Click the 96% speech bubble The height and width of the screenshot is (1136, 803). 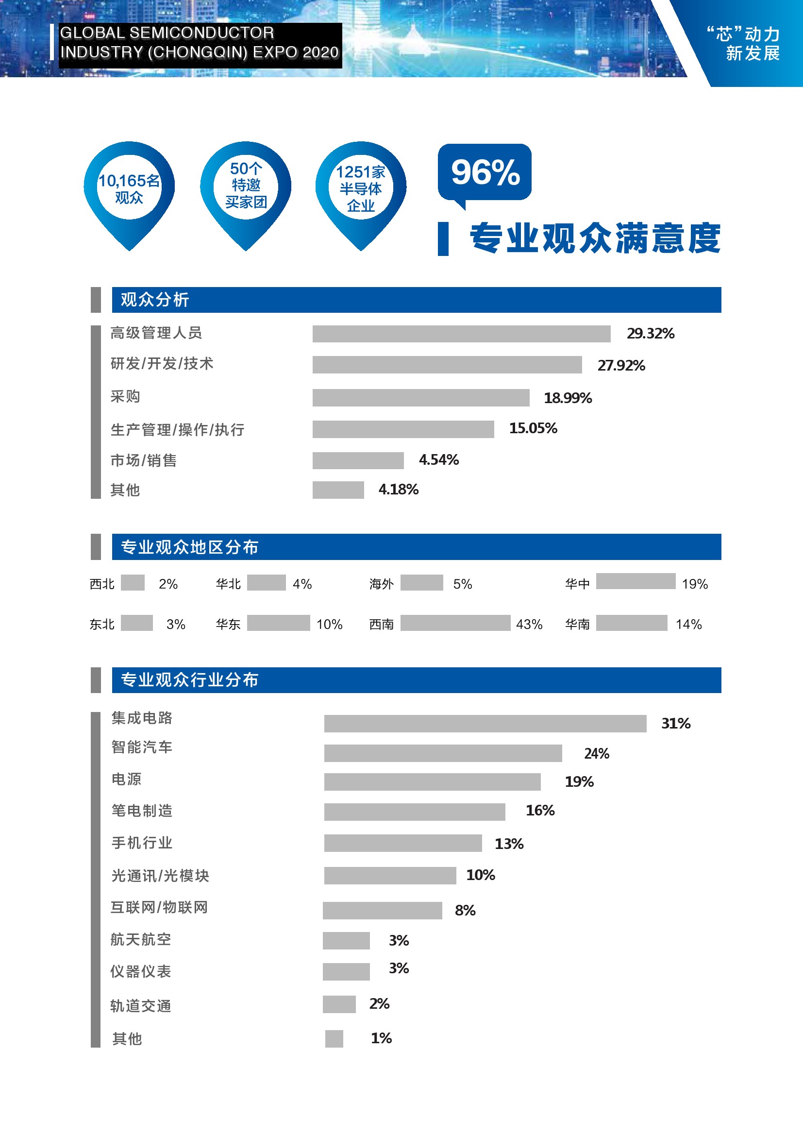pyautogui.click(x=485, y=173)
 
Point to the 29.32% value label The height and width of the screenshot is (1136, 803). pyautogui.click(x=650, y=334)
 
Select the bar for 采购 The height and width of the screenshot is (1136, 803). pyautogui.click(x=421, y=397)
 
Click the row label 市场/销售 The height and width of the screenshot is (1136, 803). pyautogui.click(x=143, y=460)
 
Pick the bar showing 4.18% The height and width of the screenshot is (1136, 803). pyautogui.click(x=338, y=490)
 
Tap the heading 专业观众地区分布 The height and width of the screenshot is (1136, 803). pyautogui.click(x=189, y=547)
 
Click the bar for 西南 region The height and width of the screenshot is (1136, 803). pyautogui.click(x=455, y=623)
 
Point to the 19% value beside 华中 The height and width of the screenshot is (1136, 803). pyautogui.click(x=695, y=584)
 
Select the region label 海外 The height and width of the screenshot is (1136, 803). pyautogui.click(x=381, y=584)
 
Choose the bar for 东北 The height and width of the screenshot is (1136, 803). pyautogui.click(x=136, y=623)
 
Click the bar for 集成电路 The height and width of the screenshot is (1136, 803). pyautogui.click(x=485, y=723)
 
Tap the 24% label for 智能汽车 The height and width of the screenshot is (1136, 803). pyautogui.click(x=596, y=754)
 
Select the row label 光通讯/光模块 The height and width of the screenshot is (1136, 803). pyautogui.click(x=160, y=875)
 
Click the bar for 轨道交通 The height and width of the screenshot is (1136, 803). pyautogui.click(x=339, y=1004)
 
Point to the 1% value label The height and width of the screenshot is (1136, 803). pyautogui.click(x=381, y=1038)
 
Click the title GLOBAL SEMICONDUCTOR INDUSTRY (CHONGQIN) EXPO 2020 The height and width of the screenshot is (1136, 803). pyautogui.click(x=199, y=43)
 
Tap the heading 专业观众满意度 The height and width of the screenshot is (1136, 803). pyautogui.click(x=595, y=238)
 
